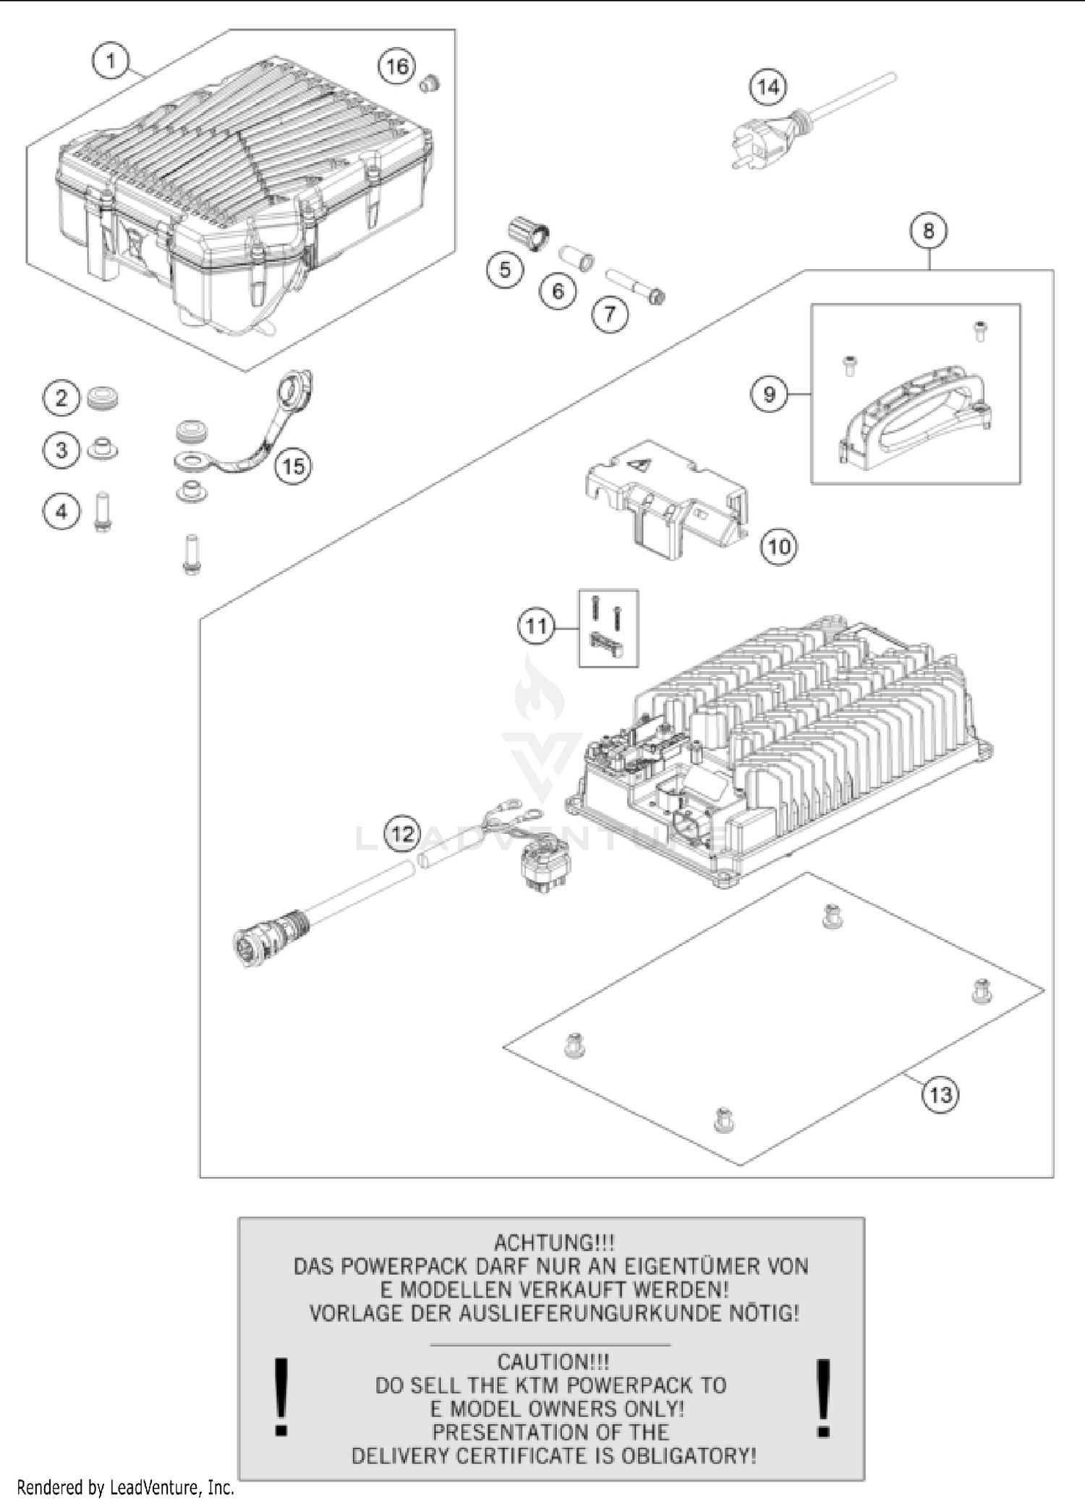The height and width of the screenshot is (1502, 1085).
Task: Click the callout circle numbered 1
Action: coord(110,61)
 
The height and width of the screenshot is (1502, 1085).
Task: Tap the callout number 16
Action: coord(396,67)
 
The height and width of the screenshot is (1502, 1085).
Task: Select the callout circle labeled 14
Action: coord(767,88)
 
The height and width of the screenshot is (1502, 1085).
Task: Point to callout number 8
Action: coord(928,231)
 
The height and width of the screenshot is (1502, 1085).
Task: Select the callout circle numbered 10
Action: coord(778,546)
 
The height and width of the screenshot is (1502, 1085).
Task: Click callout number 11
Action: coord(536,626)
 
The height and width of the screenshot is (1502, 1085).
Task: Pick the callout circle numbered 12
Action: coord(402,833)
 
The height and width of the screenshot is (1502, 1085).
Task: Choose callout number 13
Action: coord(940,1094)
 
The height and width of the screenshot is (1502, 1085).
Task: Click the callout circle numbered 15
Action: coord(293,466)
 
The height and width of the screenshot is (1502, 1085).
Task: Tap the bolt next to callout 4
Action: coord(101,512)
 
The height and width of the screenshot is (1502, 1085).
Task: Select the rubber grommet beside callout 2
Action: coord(102,398)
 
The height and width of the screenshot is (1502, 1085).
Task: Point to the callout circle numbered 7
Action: coord(610,314)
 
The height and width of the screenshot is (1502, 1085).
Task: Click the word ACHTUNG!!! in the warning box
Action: coord(554,1242)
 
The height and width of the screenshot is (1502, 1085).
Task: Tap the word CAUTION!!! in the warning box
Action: coord(553,1361)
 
